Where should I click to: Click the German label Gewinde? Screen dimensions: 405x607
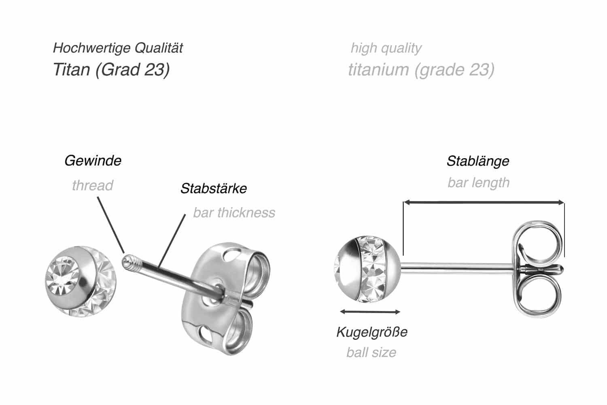[93, 161]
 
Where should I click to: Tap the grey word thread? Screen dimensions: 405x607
[92, 185]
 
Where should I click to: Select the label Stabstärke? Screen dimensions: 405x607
[213, 188]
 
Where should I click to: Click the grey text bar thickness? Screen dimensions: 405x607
[234, 212]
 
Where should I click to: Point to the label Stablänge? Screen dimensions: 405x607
[478, 161]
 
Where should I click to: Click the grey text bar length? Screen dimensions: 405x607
[478, 182]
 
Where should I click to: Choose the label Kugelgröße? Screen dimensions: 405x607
[371, 332]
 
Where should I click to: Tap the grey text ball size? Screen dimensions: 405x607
[371, 352]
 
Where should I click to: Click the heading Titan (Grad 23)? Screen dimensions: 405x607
[111, 70]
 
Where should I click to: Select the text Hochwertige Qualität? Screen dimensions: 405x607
[118, 48]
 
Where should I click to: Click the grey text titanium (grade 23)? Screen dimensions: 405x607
[421, 70]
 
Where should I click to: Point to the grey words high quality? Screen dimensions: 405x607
[386, 48]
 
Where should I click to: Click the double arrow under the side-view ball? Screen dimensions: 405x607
[370, 312]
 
